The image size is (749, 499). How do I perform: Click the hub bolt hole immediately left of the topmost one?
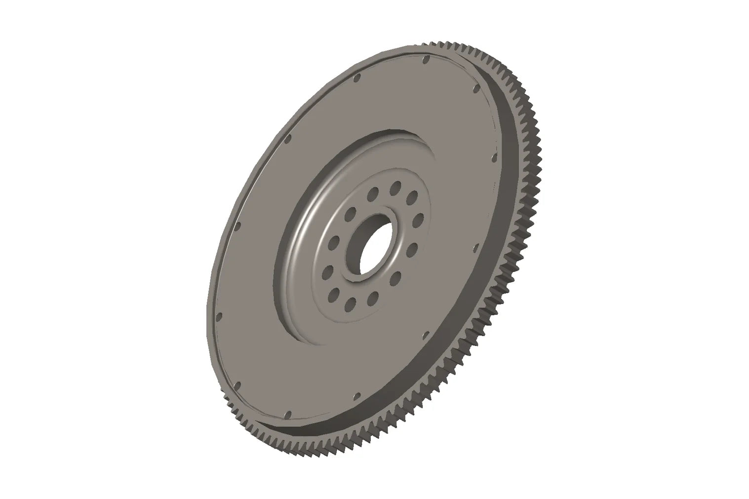[x=373, y=192]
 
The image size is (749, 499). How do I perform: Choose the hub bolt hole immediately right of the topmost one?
[x=411, y=197]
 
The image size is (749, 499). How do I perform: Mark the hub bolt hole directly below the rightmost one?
[x=412, y=247]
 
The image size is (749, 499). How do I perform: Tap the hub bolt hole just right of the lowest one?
[x=373, y=297]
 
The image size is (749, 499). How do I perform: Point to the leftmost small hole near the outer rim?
[x=221, y=317]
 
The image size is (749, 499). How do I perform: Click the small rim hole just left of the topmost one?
[x=358, y=77]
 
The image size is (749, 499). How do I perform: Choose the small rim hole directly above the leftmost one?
[x=238, y=226]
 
